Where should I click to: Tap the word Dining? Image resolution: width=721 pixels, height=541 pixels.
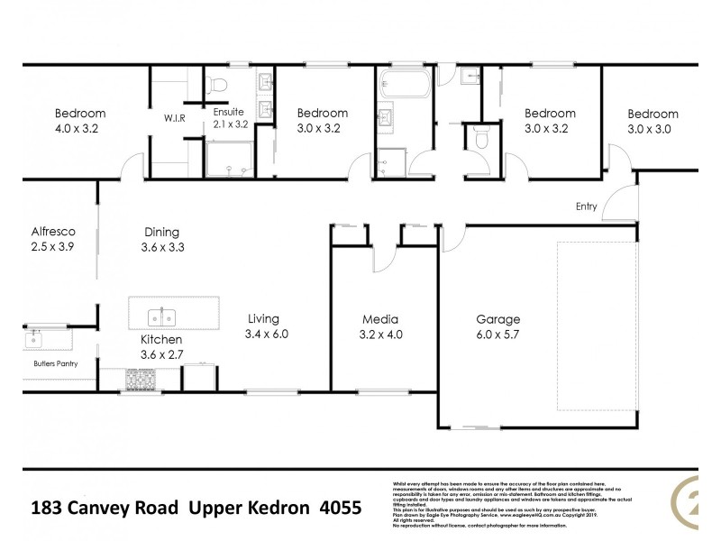tap(160, 231)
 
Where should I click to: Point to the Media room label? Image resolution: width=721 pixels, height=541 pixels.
tap(380, 319)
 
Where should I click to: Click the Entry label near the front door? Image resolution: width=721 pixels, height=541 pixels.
tap(587, 206)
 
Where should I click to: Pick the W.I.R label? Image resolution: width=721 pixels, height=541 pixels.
tap(174, 117)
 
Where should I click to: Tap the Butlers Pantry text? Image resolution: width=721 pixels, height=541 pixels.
tap(54, 363)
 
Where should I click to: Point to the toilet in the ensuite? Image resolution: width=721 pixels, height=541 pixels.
tap(215, 85)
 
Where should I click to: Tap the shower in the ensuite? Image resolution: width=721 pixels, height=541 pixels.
tap(230, 162)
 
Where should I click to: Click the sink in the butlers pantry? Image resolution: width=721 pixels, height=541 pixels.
tap(34, 339)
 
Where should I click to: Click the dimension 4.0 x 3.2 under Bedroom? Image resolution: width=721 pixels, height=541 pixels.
tap(79, 129)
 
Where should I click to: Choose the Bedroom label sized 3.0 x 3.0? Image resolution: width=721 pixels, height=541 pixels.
tap(653, 114)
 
